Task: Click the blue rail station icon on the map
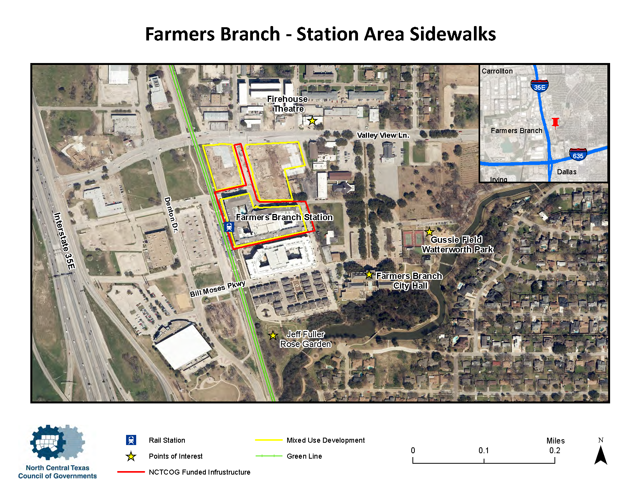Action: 229,226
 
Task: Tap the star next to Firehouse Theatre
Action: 312,121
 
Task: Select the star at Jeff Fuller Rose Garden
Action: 273,335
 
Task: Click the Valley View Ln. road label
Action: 383,135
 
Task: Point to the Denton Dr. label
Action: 171,215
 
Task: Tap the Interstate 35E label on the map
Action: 65,241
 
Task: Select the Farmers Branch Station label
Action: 284,217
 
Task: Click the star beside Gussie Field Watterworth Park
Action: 429,232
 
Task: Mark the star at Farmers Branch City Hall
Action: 369,275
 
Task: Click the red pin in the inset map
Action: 555,122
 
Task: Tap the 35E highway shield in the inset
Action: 540,86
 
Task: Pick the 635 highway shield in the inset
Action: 578,154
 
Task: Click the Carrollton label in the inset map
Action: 497,71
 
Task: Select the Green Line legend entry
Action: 304,456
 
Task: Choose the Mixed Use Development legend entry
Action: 325,440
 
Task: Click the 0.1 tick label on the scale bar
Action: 484,450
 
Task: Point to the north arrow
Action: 601,454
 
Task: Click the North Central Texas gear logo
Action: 57,443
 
